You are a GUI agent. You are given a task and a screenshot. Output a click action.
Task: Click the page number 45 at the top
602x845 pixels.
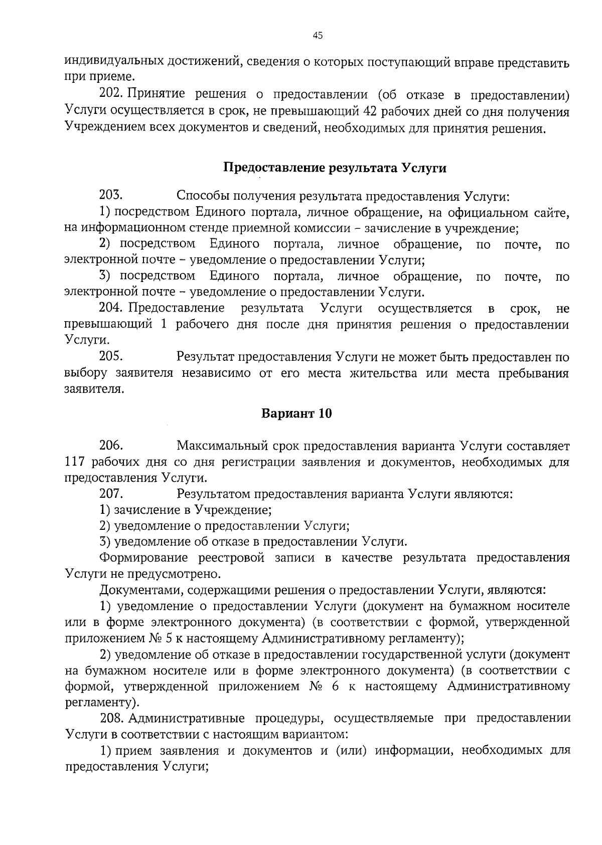318,35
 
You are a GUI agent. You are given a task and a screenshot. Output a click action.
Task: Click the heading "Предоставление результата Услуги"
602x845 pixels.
335,168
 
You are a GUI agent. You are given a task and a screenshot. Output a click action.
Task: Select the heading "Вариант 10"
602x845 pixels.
297,413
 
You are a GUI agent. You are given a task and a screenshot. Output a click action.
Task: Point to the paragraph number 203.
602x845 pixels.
111,195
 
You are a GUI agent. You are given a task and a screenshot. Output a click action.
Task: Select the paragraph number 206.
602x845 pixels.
111,445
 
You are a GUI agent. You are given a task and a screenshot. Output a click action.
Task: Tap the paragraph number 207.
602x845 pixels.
111,494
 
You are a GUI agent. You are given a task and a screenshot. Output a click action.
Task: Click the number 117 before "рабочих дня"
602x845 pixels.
76,462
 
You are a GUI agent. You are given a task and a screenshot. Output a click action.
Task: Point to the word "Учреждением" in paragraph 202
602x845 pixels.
105,128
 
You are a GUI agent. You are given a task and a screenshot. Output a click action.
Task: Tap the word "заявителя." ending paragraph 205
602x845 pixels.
94,389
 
